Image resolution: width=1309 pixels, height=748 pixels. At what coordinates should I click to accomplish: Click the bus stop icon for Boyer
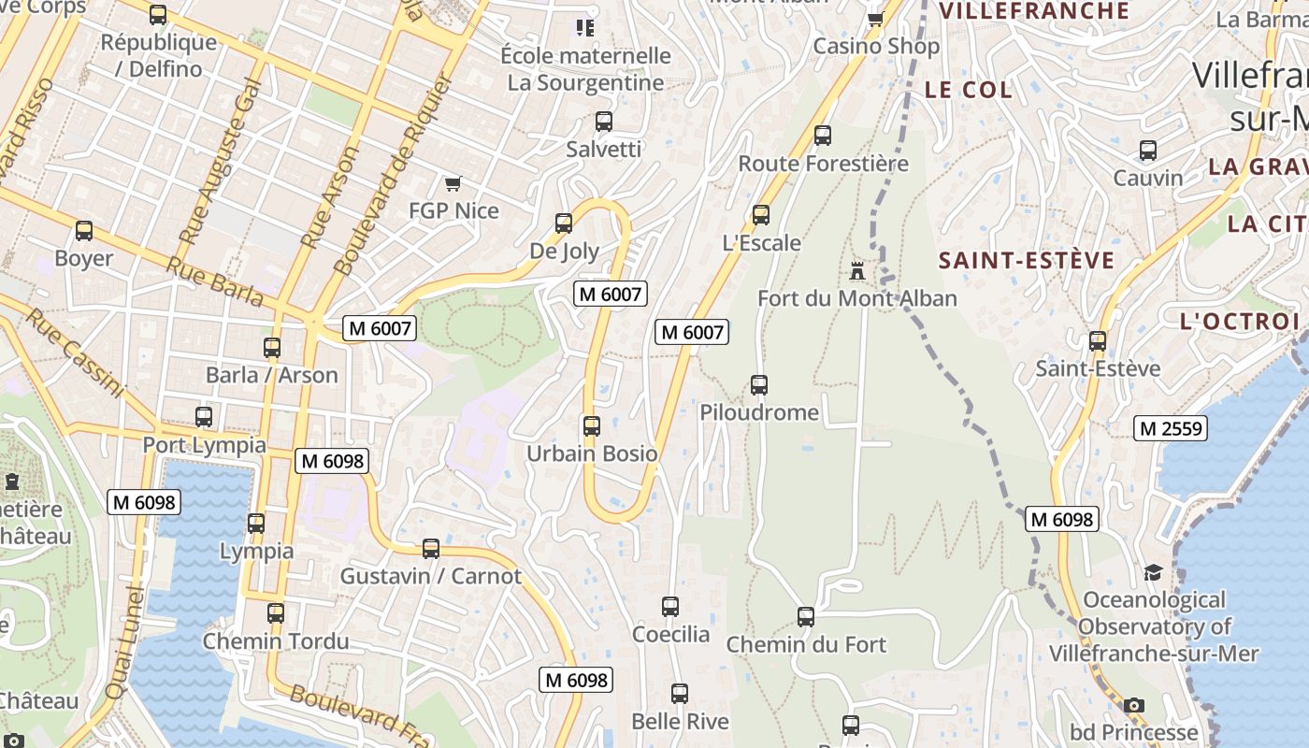(84, 231)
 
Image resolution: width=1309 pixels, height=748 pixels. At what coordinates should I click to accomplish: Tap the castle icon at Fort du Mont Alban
(856, 271)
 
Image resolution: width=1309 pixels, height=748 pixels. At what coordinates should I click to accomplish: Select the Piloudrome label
(759, 412)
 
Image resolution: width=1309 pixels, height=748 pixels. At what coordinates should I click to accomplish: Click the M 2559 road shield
(1171, 429)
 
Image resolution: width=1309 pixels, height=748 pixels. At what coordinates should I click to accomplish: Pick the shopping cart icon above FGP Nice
(453, 183)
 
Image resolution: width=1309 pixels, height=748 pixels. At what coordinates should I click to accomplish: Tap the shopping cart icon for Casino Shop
(875, 19)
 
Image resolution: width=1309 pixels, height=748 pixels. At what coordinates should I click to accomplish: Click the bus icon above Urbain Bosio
(591, 426)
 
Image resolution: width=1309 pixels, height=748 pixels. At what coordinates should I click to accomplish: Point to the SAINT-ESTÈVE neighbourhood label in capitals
(1027, 260)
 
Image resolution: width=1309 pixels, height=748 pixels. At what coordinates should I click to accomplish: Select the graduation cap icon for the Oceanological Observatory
(1153, 572)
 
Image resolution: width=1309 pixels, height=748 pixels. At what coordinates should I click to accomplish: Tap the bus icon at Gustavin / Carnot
(431, 549)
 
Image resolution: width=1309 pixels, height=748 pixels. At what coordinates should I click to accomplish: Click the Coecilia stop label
(670, 635)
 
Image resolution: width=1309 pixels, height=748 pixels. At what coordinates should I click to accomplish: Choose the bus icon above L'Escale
(761, 215)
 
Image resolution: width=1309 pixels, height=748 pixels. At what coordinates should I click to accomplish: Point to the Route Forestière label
(823, 164)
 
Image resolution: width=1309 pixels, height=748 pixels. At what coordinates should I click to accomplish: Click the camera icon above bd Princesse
(1134, 705)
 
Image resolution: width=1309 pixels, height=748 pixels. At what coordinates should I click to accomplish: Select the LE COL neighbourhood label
(968, 90)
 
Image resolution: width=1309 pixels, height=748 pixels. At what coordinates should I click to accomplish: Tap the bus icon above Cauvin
(1148, 151)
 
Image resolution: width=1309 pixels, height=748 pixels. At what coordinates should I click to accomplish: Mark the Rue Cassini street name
(75, 353)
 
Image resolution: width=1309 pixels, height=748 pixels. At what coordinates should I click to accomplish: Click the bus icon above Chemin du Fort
(806, 617)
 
